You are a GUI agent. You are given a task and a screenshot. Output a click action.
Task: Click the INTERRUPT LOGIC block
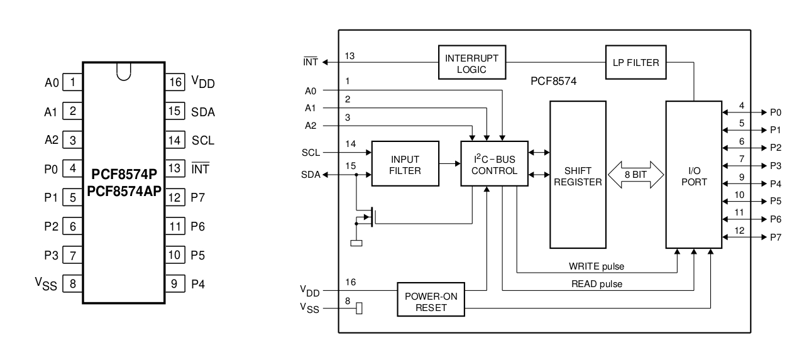[472, 62]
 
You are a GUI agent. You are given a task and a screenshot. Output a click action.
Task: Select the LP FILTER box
[636, 62]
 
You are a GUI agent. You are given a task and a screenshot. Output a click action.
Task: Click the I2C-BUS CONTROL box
[493, 164]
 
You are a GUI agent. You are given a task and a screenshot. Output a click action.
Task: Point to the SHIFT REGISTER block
[578, 175]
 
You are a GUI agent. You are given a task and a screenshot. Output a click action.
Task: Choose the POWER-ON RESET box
[430, 300]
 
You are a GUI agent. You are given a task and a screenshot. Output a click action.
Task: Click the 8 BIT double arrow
[636, 175]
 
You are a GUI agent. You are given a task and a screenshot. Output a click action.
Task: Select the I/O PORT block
[693, 175]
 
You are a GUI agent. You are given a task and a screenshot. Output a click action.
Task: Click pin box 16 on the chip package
[175, 82]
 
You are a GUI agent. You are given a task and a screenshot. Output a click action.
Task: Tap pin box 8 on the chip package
[73, 284]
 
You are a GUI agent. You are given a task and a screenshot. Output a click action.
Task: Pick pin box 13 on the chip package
[175, 168]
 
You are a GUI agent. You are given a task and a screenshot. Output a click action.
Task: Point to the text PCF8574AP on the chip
[124, 188]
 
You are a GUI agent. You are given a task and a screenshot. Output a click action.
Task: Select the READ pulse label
[597, 284]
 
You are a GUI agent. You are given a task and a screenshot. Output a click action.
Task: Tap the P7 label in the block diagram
[776, 237]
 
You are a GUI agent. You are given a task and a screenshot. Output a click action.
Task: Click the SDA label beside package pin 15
[203, 112]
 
